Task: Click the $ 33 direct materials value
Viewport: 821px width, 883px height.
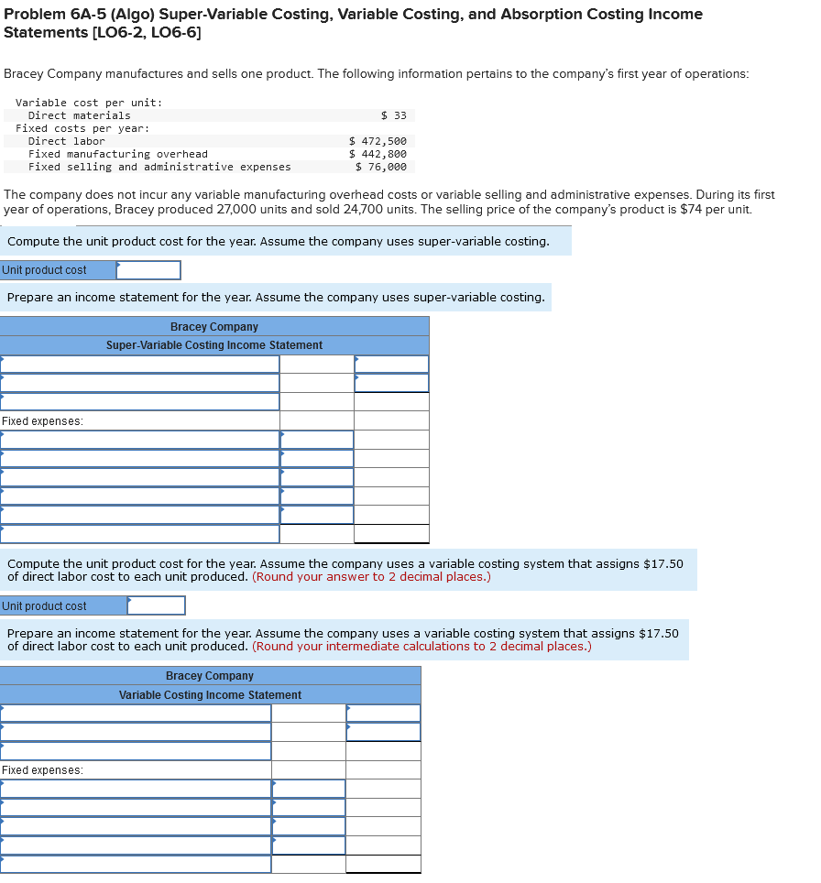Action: (394, 115)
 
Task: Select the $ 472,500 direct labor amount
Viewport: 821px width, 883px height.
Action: (378, 141)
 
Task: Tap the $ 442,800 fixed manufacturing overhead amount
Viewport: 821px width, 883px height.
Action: (378, 154)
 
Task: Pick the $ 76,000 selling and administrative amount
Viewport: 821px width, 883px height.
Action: (381, 167)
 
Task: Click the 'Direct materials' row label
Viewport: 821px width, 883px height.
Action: (79, 115)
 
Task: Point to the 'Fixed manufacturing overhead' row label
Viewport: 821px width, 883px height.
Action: (117, 154)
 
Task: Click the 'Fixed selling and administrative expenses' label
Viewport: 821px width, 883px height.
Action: (159, 167)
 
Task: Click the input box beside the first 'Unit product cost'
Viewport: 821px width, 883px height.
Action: (148, 270)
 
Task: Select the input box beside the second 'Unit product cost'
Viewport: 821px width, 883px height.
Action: (157, 605)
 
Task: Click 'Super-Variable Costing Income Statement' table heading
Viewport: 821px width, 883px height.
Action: (214, 345)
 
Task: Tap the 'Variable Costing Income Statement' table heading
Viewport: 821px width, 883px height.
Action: (210, 695)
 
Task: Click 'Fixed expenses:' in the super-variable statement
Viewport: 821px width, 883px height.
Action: (42, 421)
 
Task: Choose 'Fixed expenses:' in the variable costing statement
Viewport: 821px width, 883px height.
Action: (42, 770)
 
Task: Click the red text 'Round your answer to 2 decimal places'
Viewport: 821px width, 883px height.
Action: (371, 577)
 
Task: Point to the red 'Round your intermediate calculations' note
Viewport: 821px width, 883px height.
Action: (421, 647)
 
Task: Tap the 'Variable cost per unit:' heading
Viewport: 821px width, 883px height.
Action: (89, 103)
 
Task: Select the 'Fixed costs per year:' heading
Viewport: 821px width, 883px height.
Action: (82, 128)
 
